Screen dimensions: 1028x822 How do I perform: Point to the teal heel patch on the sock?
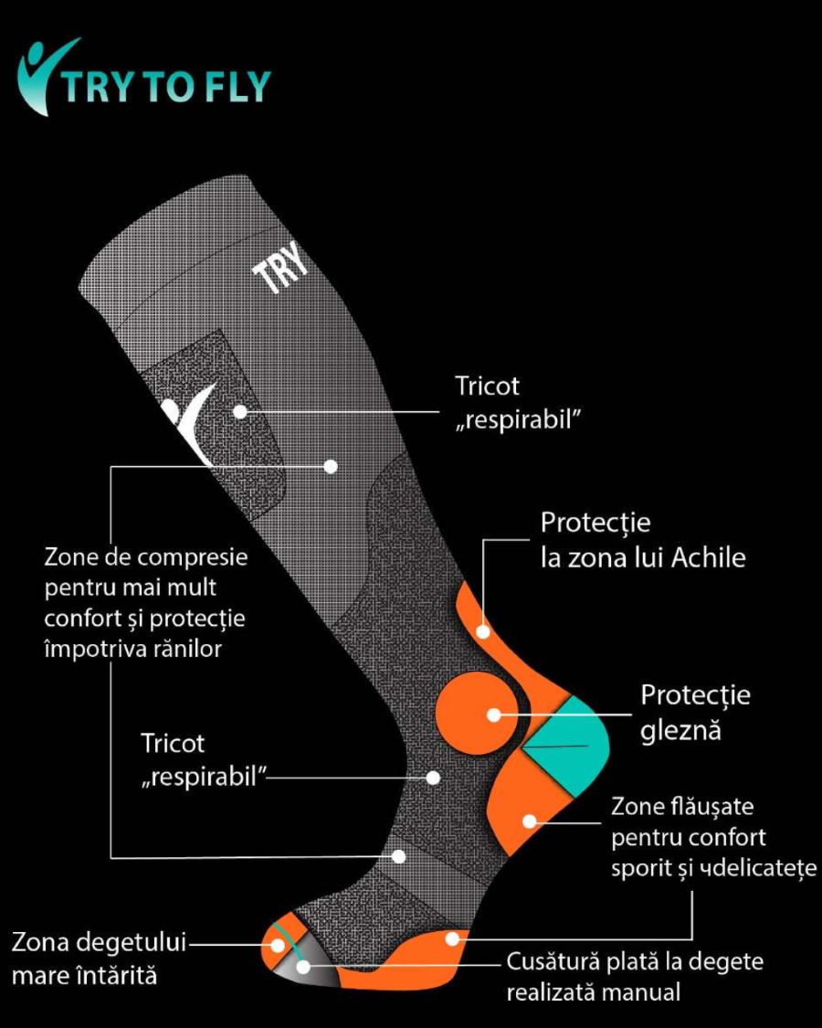(571, 741)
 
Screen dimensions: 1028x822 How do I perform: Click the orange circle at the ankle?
(473, 714)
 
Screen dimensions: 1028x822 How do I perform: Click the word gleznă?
(680, 731)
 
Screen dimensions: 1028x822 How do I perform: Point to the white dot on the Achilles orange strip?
(483, 631)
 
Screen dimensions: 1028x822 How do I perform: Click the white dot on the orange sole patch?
(450, 938)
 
